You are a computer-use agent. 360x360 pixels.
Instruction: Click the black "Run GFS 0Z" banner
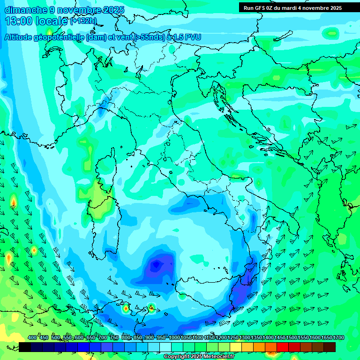tap(293, 8)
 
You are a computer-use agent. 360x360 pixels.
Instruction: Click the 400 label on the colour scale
tap(32, 338)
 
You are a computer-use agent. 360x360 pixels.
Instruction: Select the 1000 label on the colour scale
tap(174, 338)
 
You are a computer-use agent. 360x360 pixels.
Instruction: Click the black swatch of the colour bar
tap(25, 347)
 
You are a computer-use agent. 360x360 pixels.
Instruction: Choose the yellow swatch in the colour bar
tap(236, 347)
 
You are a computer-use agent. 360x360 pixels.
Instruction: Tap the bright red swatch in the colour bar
tap(283, 347)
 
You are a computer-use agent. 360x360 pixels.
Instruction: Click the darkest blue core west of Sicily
tap(156, 266)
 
